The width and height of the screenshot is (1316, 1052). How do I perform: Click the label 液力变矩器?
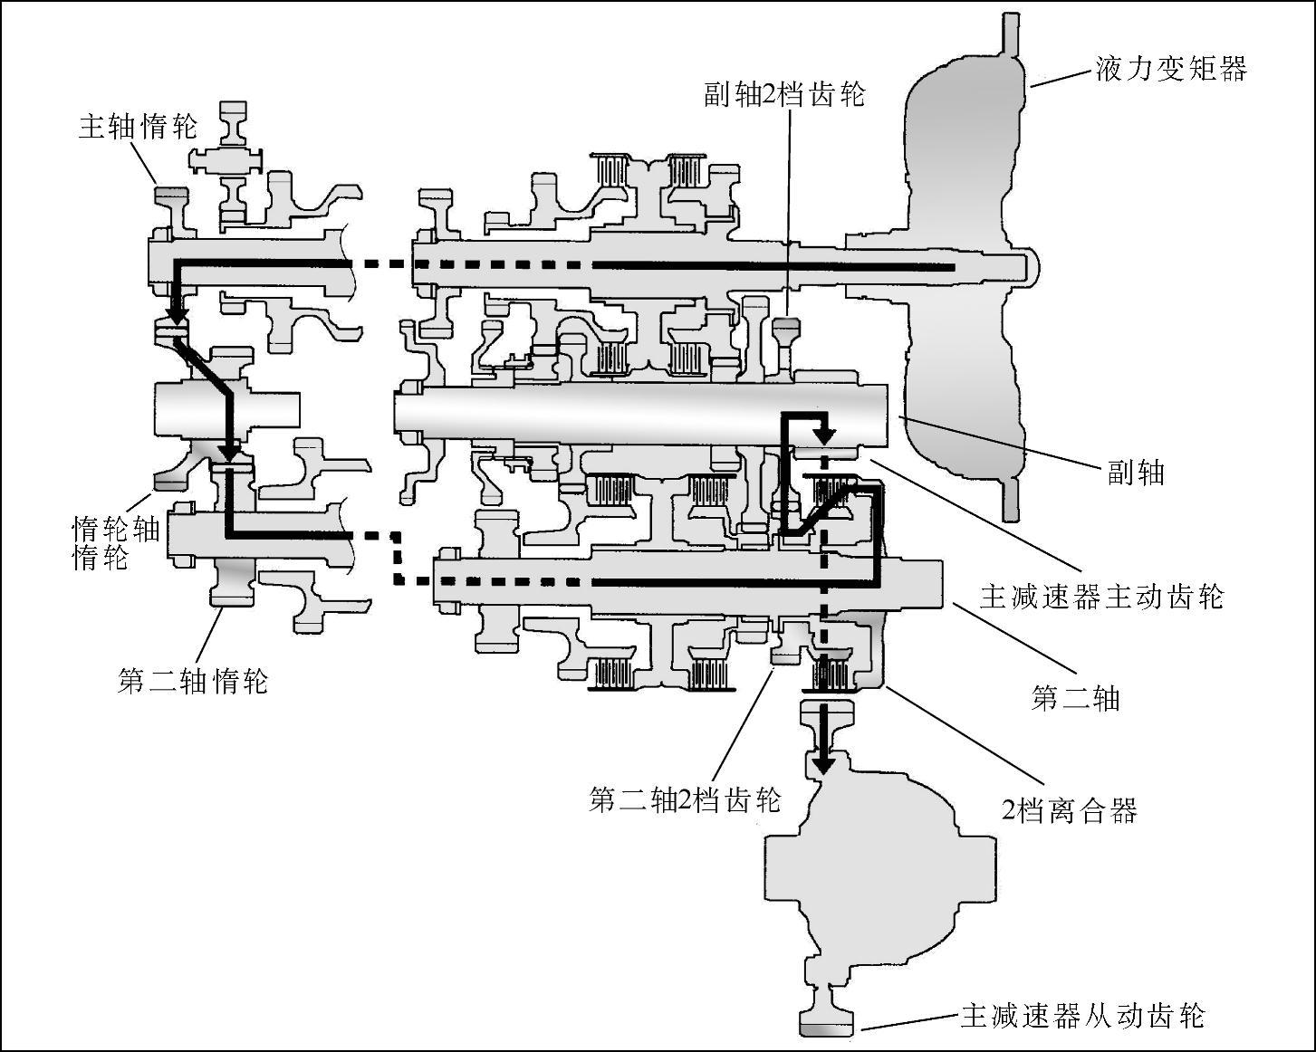1171,69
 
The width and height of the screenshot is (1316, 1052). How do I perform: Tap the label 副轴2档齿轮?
784,94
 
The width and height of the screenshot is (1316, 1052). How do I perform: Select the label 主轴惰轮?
138,126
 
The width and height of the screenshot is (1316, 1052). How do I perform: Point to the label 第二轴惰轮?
193,680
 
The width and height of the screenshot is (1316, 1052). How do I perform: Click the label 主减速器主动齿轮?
1101,597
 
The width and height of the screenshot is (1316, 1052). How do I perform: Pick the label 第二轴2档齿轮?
685,799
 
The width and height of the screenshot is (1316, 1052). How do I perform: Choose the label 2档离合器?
1069,809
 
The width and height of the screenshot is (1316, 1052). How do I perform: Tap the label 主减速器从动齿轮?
1082,1016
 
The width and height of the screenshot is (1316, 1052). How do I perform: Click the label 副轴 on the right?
1136,472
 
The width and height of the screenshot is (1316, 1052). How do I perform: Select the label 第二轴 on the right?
1076,697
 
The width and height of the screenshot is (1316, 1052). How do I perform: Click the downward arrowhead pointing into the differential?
822,763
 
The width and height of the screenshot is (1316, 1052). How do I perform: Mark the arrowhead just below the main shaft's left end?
176,313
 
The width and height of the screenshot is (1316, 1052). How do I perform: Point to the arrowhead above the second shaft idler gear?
230,450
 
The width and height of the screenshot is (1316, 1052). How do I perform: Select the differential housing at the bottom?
879,869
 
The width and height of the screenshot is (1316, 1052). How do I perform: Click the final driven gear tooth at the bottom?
826,1028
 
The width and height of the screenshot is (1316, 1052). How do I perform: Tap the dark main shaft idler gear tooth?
170,195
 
